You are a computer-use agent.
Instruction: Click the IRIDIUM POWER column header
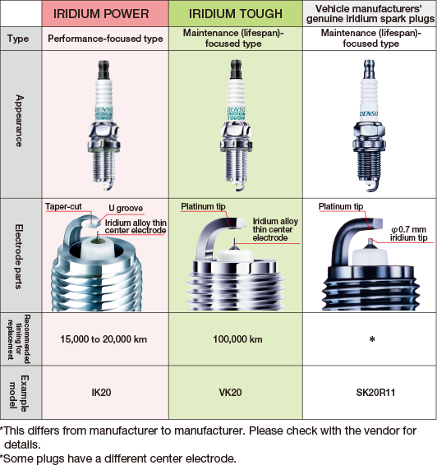click(x=101, y=14)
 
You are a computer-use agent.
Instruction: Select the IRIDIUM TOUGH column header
click(x=236, y=14)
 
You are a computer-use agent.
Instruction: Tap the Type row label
click(x=18, y=39)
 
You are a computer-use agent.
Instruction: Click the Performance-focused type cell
click(x=105, y=39)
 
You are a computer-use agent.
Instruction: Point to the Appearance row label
click(x=19, y=121)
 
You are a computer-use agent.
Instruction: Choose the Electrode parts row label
click(x=18, y=256)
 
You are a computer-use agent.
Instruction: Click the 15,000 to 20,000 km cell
click(x=103, y=339)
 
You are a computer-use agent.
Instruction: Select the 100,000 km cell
click(x=237, y=339)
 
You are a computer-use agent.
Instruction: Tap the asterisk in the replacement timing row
click(x=372, y=339)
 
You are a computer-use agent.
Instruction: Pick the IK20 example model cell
click(x=101, y=393)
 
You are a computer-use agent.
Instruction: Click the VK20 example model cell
click(x=230, y=393)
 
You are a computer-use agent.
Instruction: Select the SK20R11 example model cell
click(x=375, y=393)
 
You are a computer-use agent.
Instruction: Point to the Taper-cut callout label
click(x=63, y=206)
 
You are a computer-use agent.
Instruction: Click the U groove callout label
click(x=126, y=208)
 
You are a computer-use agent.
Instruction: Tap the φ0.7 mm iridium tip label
click(x=409, y=233)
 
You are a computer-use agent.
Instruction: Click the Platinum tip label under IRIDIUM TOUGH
click(x=203, y=206)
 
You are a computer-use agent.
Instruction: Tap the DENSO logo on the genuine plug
click(x=369, y=114)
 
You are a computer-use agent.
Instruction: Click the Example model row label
click(x=18, y=393)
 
